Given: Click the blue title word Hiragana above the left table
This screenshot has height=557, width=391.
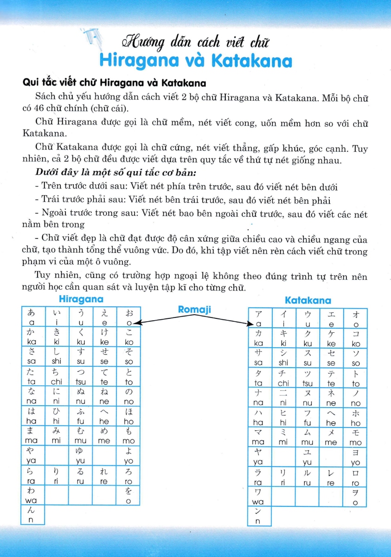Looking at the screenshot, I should [81, 299].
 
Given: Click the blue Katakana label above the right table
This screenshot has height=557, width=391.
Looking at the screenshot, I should [308, 301].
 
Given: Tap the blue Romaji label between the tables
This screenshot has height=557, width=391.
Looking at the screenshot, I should [195, 309].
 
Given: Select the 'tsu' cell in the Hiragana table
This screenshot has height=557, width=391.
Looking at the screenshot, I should [81, 376].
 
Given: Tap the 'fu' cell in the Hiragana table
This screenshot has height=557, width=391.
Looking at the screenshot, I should [81, 416].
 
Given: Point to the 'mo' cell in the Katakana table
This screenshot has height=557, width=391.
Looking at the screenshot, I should [355, 437].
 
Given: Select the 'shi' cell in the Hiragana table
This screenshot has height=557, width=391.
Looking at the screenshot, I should [57, 356].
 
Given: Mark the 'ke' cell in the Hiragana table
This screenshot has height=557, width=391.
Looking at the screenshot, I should [104, 337].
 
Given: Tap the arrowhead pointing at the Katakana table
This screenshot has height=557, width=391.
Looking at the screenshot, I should [248, 324].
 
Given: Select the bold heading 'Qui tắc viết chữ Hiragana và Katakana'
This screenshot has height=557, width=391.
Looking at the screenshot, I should [114, 83].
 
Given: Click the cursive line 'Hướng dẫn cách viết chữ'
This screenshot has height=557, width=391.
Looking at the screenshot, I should [195, 43].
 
